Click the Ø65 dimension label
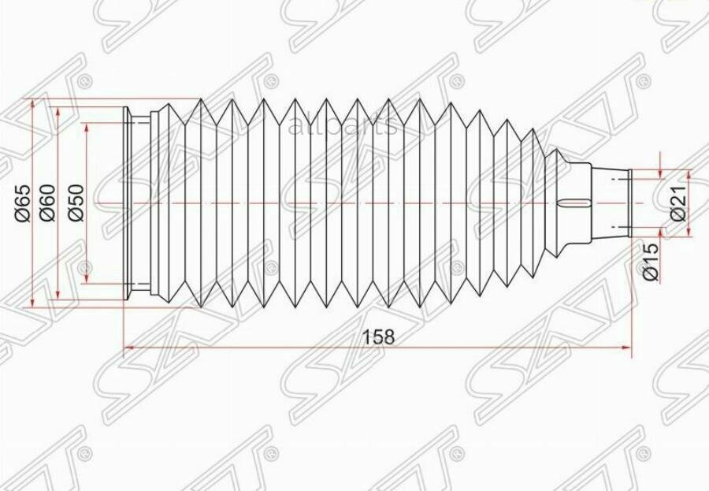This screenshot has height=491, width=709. (x=22, y=203)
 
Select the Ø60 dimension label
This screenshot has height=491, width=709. (x=47, y=203)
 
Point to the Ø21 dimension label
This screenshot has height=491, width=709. (x=679, y=203)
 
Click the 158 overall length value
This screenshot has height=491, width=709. (x=378, y=336)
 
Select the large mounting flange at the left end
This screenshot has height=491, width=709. (x=127, y=203)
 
